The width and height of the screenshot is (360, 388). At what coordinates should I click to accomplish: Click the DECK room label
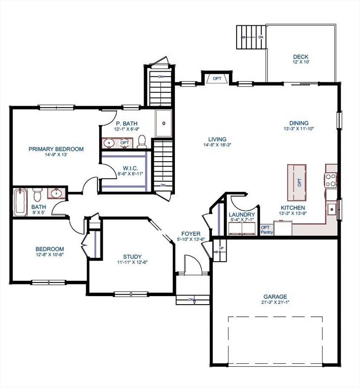point(300,57)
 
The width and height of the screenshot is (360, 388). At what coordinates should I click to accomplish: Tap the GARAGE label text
point(275,297)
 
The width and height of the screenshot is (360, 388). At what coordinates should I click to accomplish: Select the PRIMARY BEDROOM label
point(56,149)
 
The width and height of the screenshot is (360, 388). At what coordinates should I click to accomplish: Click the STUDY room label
point(132,256)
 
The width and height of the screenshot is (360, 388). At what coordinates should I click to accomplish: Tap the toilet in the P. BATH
point(142,142)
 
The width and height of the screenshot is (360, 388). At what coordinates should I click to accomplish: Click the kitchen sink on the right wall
point(331,208)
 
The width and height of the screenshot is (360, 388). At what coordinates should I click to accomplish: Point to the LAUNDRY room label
point(242,214)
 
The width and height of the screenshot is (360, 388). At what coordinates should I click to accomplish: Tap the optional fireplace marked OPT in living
point(217,78)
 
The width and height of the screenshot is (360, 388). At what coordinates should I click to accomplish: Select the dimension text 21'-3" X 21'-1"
point(275,303)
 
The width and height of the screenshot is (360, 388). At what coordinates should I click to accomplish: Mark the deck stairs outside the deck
point(251,37)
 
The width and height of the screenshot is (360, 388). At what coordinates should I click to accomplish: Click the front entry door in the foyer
point(192,266)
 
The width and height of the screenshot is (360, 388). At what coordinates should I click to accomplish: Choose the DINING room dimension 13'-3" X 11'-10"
point(298,129)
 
